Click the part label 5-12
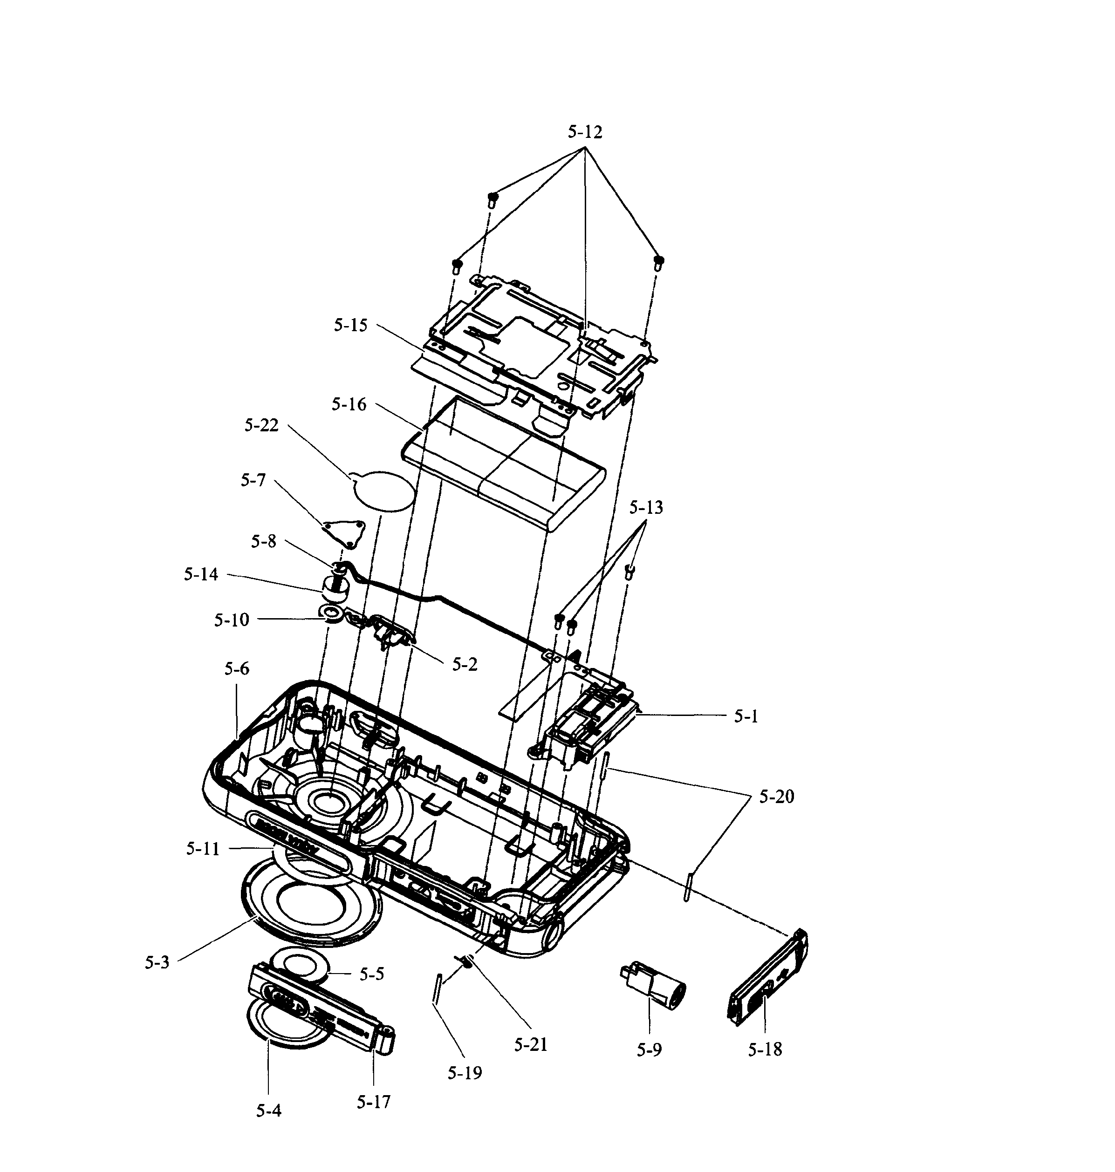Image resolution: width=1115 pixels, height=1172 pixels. [585, 132]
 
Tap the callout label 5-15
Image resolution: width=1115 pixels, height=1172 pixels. [351, 325]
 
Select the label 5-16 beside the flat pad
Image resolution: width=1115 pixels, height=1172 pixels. [349, 405]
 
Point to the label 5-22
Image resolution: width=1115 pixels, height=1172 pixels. [261, 426]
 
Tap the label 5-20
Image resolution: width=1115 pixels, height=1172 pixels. [776, 797]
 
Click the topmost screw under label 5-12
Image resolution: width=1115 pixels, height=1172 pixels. [493, 199]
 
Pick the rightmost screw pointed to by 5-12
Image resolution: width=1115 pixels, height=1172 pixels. [658, 262]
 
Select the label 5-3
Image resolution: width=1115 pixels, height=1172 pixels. [157, 963]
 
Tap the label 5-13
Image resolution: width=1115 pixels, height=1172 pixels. [646, 508]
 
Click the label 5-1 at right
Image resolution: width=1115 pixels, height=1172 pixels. [746, 717]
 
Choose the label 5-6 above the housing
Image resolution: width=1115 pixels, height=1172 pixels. [237, 669]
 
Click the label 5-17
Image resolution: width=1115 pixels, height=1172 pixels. [374, 1103]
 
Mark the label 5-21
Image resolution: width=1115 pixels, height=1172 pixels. [531, 1044]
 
